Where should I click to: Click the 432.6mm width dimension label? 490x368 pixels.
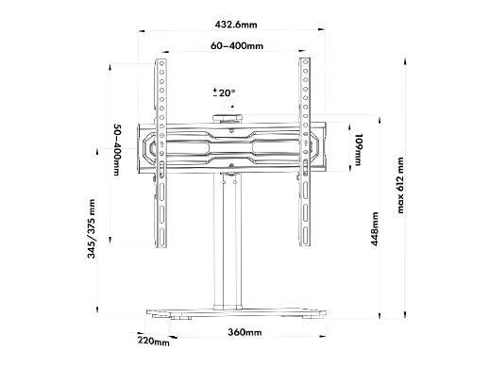(x=236, y=25)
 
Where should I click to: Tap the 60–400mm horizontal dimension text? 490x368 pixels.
(x=237, y=46)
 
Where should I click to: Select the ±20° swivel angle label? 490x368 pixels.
(x=224, y=92)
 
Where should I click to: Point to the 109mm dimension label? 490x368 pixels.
(x=359, y=149)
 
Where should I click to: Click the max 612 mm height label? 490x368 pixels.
(x=400, y=186)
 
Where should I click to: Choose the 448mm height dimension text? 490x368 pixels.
(x=375, y=228)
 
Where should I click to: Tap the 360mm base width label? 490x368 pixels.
(x=245, y=332)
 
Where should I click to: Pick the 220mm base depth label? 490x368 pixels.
(x=154, y=342)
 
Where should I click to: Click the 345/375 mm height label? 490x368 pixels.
(x=92, y=228)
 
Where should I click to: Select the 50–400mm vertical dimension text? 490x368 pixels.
(x=117, y=150)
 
